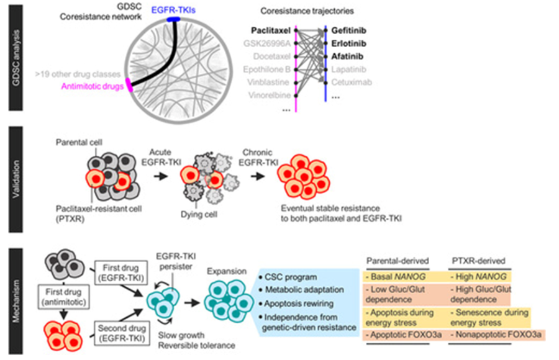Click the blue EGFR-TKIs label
pos(173,10)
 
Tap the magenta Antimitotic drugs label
pos(93,86)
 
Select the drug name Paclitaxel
pos(271,30)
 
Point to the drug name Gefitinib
pos(348,30)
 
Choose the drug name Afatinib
pos(347,56)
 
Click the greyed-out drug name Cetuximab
pos(352,83)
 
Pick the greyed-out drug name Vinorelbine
pos(269,95)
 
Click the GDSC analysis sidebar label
pos(16,58)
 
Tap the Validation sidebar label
pos(16,179)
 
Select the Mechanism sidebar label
pos(16,301)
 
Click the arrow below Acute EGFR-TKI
pos(161,176)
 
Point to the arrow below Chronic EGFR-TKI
pos(258,176)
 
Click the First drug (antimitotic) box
pos(63,297)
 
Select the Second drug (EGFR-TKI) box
pos(122,333)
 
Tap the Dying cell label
pos(199,215)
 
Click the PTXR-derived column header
pos(478,261)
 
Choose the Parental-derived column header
pos(398,261)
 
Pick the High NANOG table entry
pos(478,277)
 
